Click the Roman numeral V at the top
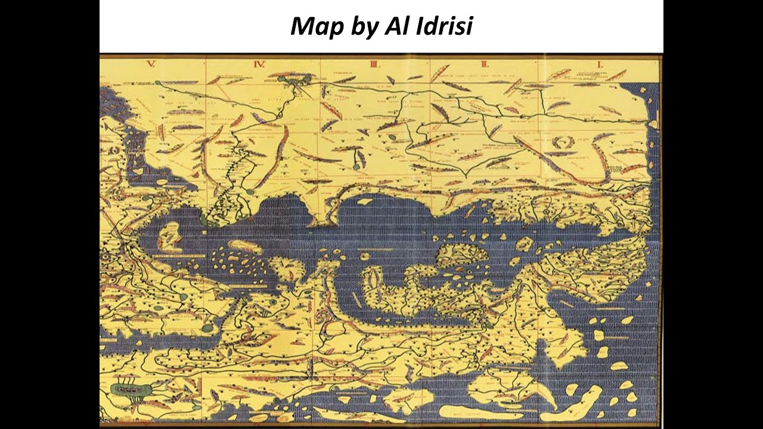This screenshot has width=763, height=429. pyautogui.click(x=151, y=63)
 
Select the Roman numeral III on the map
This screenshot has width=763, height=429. pyautogui.click(x=374, y=63)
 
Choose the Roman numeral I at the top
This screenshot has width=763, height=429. pyautogui.click(x=600, y=63)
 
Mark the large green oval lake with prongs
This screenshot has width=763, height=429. pyautogui.click(x=129, y=390)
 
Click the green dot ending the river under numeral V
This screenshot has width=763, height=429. pyautogui.click(x=159, y=84)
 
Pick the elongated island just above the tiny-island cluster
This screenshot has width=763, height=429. pyautogui.click(x=245, y=245)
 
